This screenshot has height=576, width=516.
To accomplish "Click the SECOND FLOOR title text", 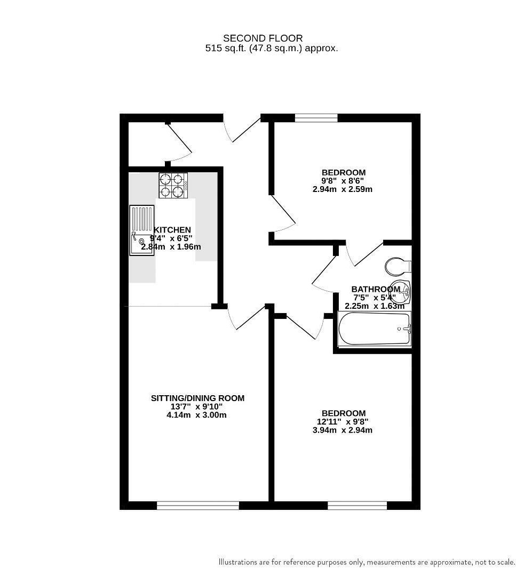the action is [263, 38].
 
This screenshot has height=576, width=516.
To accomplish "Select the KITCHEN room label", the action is [172, 230].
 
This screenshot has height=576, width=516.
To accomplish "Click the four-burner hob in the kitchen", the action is [173, 185].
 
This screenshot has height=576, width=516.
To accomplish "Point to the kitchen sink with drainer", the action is [142, 230].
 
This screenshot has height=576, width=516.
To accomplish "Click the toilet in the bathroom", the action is [398, 265].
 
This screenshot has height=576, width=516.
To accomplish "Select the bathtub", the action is [375, 329].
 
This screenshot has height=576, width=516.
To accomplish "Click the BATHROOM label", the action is [376, 289].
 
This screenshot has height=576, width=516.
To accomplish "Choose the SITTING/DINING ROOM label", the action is [198, 398].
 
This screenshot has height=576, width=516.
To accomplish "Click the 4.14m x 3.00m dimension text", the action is [196, 415].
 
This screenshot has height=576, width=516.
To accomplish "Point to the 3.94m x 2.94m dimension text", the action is [343, 430].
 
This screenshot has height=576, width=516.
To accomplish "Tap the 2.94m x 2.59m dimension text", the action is [343, 189].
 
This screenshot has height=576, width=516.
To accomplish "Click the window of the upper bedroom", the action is [316, 117].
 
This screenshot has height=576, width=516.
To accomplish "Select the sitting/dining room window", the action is [198, 506].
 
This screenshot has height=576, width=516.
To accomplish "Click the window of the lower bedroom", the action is [357, 506].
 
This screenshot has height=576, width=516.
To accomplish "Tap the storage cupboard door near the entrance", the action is [179, 142].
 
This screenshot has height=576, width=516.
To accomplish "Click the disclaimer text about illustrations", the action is [367, 562].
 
